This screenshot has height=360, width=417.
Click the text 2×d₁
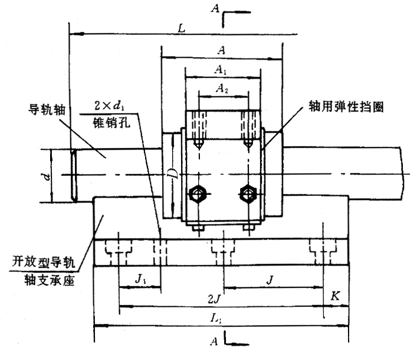coord(109,107)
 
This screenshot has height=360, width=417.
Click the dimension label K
coord(335,297)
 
